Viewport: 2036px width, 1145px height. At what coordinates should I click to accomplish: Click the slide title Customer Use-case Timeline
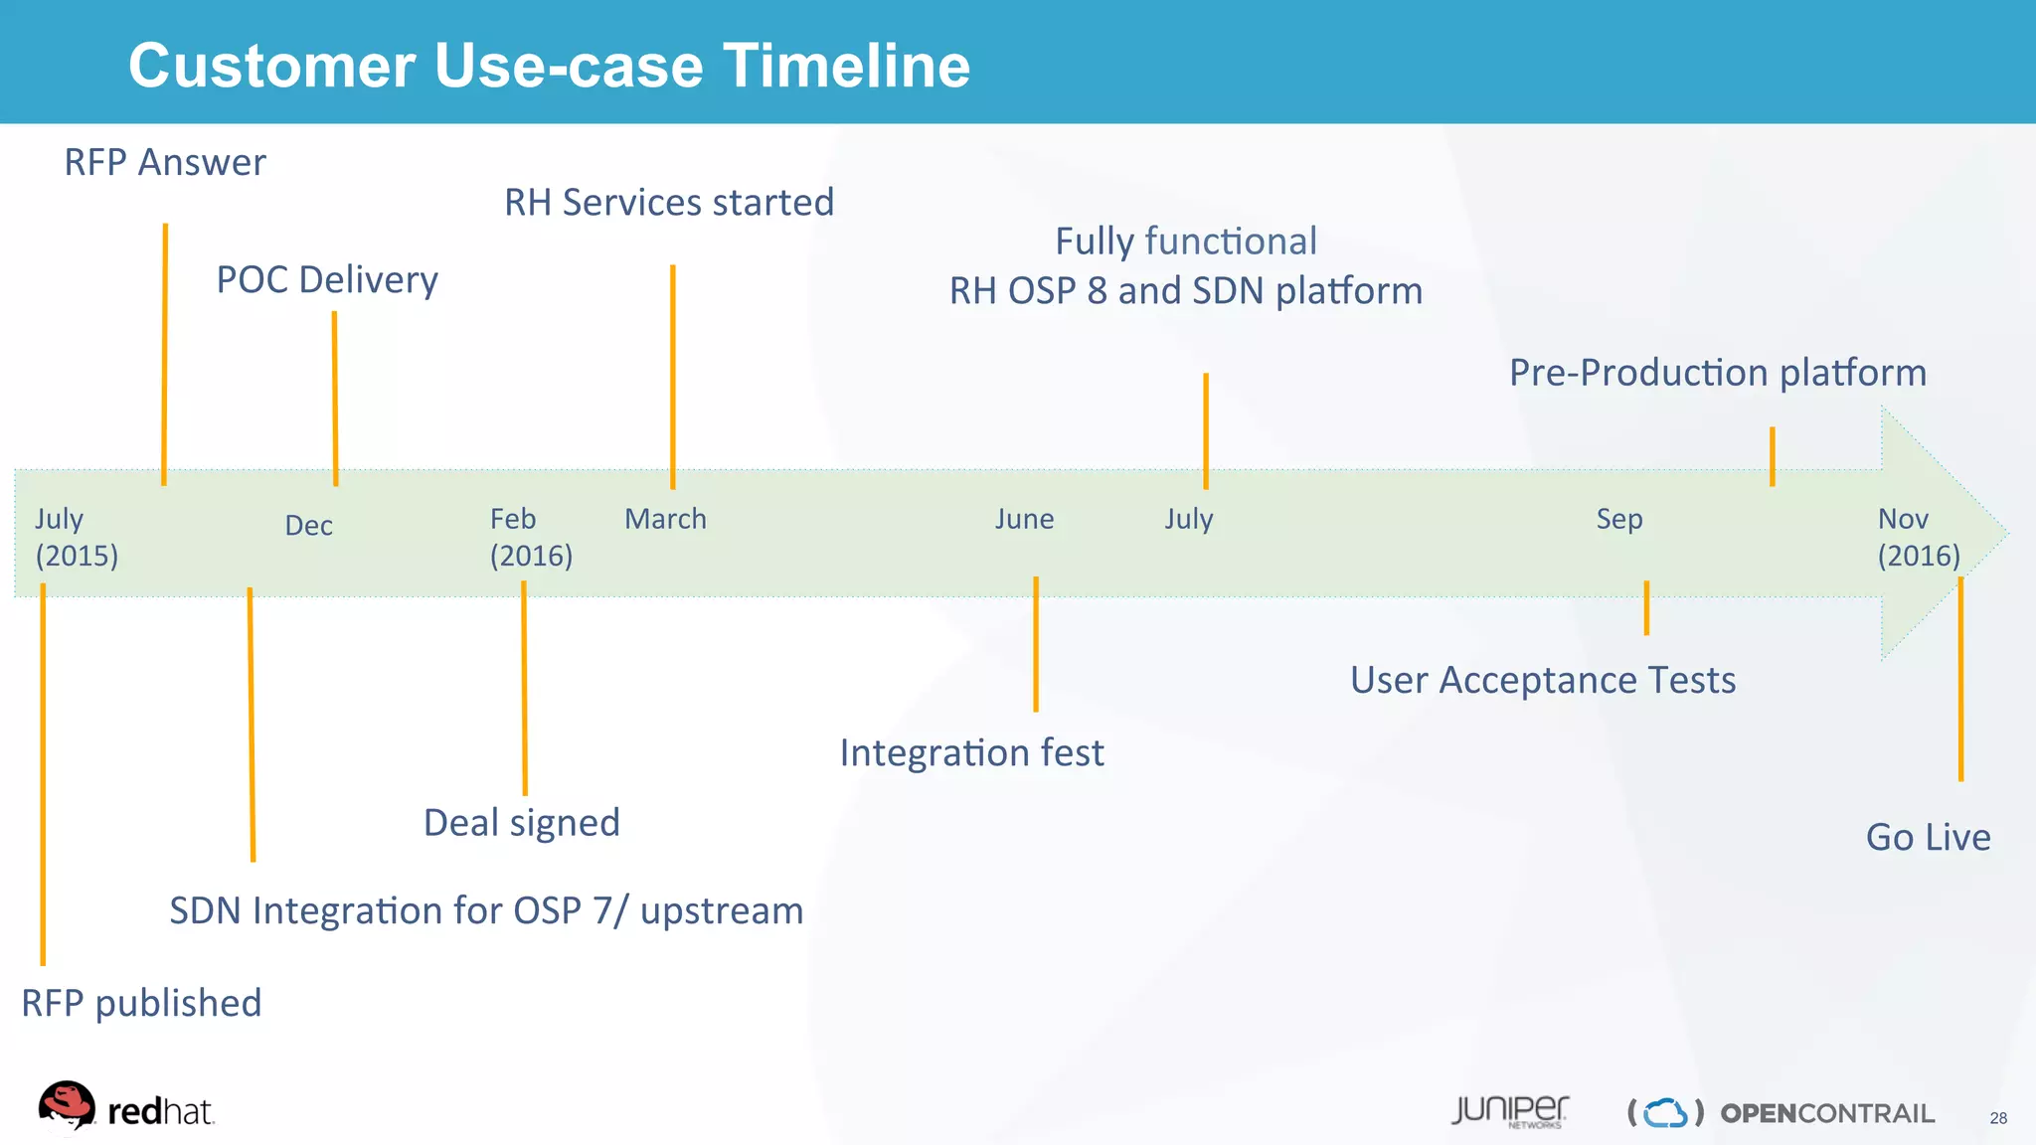click(x=549, y=66)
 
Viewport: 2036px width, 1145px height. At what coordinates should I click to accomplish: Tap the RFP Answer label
click(x=165, y=162)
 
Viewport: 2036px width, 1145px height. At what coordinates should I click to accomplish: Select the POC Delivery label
click(x=327, y=280)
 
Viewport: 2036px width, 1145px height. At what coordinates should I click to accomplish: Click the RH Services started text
click(x=669, y=203)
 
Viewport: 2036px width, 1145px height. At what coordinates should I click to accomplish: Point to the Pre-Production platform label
click(x=1718, y=373)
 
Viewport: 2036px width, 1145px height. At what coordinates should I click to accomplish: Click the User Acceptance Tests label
click(x=1543, y=681)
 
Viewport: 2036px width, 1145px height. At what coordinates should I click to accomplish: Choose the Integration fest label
click(x=971, y=753)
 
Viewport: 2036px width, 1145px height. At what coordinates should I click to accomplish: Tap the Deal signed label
click(x=522, y=823)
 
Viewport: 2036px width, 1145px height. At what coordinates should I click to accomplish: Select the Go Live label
click(x=1928, y=838)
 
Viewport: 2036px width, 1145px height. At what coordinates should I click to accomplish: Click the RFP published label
click(x=141, y=1003)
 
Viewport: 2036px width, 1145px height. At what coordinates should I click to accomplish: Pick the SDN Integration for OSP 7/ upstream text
click(x=486, y=911)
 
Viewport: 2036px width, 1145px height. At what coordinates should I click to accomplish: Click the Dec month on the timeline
click(x=308, y=526)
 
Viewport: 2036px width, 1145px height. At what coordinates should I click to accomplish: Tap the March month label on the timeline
click(x=665, y=519)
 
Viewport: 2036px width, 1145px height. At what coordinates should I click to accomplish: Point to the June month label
click(x=1024, y=519)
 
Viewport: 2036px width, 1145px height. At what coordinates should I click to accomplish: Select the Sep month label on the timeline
click(x=1618, y=519)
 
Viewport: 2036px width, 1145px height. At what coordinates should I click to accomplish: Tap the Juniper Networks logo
click(x=1509, y=1111)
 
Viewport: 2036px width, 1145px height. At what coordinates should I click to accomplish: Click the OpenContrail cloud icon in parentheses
click(x=1665, y=1112)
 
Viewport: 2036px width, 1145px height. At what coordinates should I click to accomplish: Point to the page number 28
click(x=1998, y=1118)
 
